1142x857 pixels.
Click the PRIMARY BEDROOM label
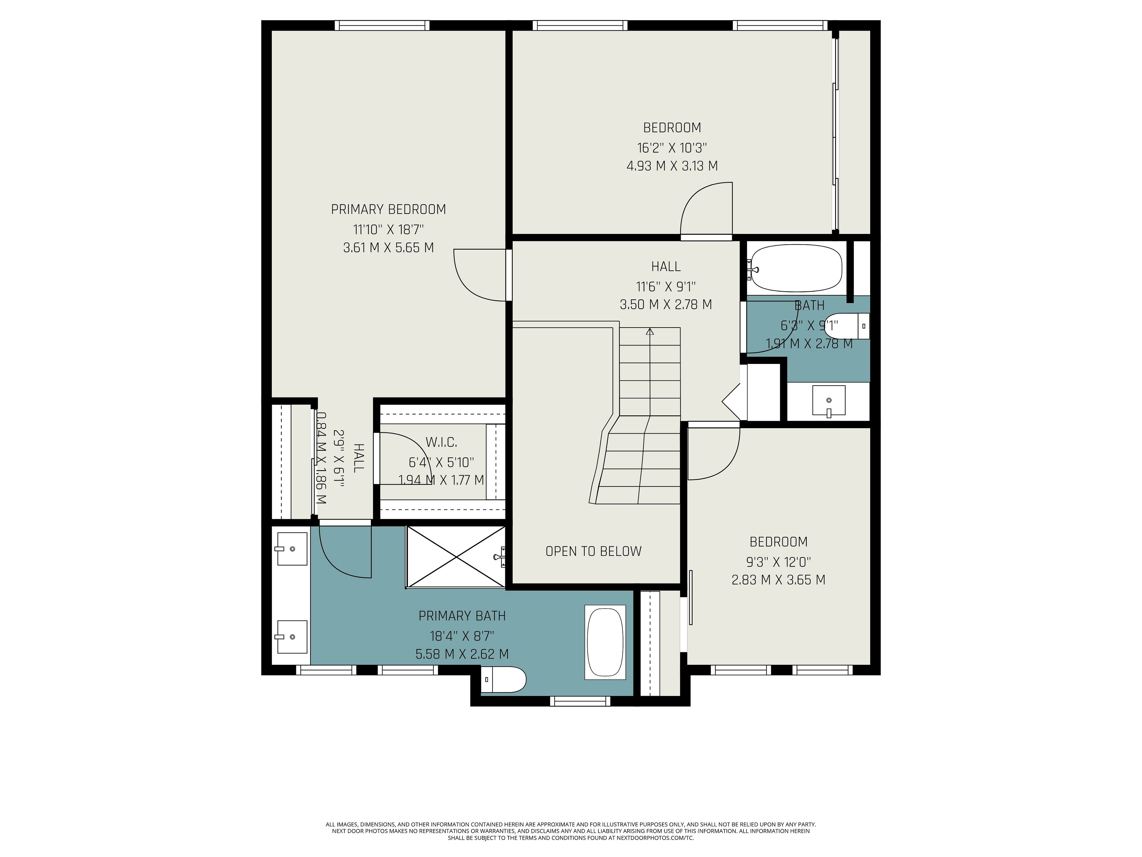point(388,209)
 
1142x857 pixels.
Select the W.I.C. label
point(441,442)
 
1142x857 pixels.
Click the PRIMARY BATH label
point(462,616)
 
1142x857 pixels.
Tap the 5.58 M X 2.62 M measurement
point(462,654)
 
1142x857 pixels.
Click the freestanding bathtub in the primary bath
point(605,642)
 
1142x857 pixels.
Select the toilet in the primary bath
point(503,680)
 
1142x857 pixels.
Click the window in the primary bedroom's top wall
point(382,25)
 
